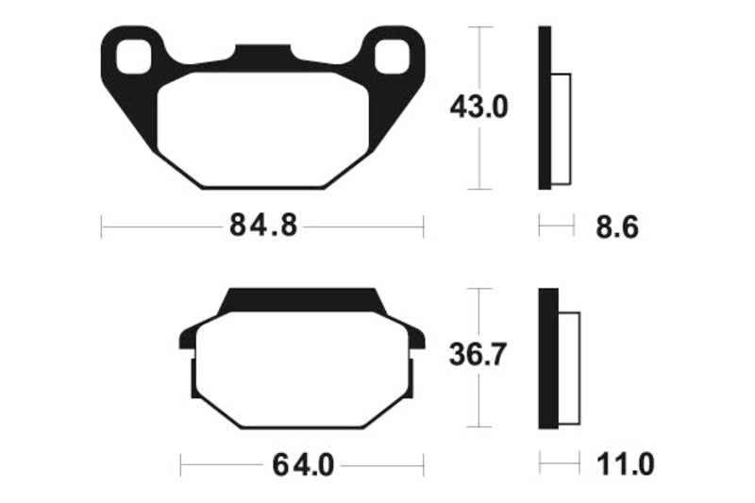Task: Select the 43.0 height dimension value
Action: click(478, 108)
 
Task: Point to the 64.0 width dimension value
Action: click(303, 464)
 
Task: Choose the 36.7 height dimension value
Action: click(478, 356)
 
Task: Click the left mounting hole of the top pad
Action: click(133, 58)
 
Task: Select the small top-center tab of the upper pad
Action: click(262, 52)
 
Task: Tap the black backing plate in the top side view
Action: click(544, 108)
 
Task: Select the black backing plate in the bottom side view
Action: click(545, 357)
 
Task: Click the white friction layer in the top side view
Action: click(561, 128)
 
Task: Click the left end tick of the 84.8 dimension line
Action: click(102, 226)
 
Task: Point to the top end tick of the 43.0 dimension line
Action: click(481, 27)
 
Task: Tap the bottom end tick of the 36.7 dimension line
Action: click(481, 426)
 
